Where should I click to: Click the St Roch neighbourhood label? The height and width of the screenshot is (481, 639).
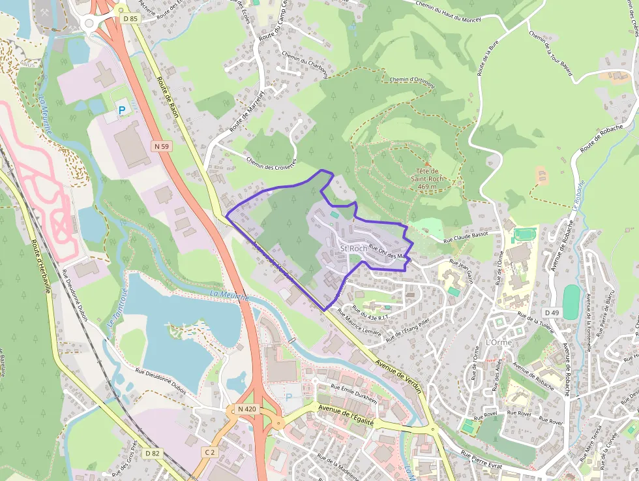coord(354,249)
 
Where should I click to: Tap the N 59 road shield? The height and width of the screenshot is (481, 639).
coord(162,147)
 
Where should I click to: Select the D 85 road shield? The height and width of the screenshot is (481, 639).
coord(130,18)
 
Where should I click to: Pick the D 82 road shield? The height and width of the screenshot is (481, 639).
coord(153,453)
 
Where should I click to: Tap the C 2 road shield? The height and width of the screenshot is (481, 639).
coord(209,452)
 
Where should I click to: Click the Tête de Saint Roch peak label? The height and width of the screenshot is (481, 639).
coord(427,178)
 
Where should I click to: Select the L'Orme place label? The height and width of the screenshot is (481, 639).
coord(499,343)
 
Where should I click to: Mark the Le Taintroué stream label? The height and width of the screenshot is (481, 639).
coord(117,322)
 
